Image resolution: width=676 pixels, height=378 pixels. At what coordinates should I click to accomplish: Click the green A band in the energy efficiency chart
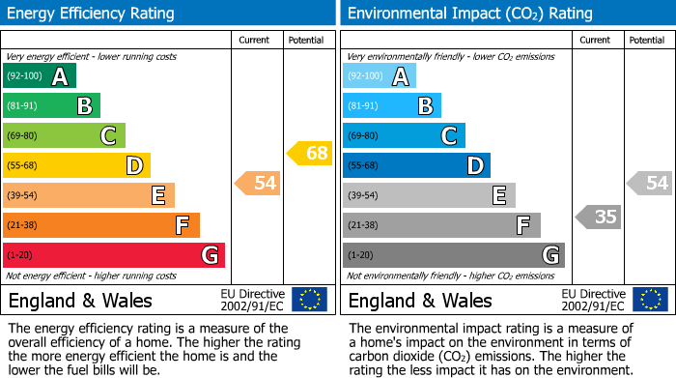click(40, 76)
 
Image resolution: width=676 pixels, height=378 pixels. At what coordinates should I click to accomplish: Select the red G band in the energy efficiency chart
click(114, 255)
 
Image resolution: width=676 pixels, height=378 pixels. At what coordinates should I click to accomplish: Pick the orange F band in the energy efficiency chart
click(101, 225)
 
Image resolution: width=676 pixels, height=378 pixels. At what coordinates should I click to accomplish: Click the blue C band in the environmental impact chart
click(404, 135)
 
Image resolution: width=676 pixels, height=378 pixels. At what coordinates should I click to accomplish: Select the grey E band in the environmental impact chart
click(429, 195)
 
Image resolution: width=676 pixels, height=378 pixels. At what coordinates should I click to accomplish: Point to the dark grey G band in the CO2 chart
click(453, 255)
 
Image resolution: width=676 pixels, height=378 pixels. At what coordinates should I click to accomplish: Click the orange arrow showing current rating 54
click(259, 183)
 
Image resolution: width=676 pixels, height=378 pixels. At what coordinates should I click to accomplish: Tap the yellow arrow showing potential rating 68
click(310, 153)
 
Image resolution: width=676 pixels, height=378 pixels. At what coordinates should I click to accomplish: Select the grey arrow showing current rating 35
click(599, 217)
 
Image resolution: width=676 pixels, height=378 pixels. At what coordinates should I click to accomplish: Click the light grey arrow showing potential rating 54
click(650, 183)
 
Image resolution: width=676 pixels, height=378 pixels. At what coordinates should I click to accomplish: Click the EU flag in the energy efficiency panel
click(309, 300)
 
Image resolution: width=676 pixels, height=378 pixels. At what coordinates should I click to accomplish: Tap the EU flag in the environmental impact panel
click(650, 300)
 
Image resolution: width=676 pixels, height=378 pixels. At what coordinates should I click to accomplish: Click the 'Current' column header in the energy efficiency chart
click(256, 40)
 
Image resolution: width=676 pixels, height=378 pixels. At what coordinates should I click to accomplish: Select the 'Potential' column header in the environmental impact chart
click(647, 40)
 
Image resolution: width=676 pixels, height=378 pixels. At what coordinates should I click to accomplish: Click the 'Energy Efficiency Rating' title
click(91, 14)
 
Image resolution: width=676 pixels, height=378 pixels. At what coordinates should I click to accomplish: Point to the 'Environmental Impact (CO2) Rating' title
click(469, 14)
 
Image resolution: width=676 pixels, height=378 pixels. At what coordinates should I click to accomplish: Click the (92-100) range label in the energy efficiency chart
click(24, 76)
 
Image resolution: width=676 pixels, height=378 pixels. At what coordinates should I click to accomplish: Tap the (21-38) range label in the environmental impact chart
click(364, 225)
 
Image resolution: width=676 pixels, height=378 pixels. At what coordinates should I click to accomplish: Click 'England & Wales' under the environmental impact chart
click(420, 300)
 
